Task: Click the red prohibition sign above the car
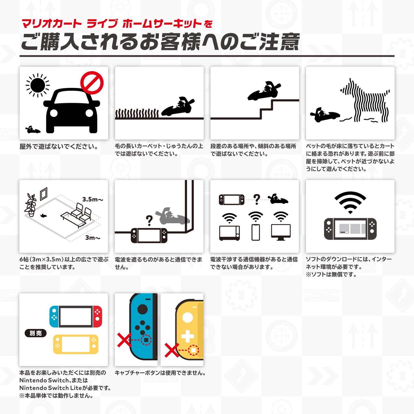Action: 92,83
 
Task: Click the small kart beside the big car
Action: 33,130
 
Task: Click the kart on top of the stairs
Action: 264,92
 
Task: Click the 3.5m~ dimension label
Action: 93,199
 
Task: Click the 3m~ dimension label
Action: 93,238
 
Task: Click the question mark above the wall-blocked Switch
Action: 149,220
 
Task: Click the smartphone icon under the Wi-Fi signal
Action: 256,232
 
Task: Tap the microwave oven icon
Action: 229,233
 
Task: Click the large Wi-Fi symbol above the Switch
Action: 350,202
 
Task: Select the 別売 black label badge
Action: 35,333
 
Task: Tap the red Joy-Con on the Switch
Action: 98,316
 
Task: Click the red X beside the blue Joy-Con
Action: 124,340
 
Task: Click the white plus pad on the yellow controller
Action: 188,336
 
